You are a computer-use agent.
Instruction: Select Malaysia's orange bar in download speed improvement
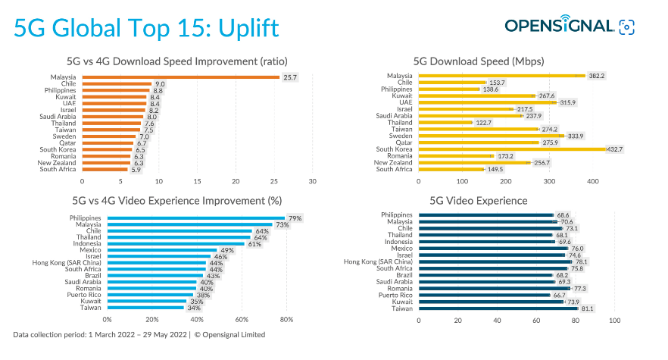180,77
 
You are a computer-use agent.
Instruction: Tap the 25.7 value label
290,77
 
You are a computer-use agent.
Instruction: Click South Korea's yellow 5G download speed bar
512,149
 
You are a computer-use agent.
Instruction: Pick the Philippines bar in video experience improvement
196,218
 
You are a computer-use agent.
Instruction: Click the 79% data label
295,218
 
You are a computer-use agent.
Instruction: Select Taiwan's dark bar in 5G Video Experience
498,308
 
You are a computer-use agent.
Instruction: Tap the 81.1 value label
587,308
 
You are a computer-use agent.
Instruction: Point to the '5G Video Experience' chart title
479,201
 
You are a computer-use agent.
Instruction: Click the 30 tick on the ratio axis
312,181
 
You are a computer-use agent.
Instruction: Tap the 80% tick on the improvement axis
286,320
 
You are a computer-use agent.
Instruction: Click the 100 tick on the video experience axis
614,320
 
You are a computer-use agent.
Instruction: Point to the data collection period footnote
139,334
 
